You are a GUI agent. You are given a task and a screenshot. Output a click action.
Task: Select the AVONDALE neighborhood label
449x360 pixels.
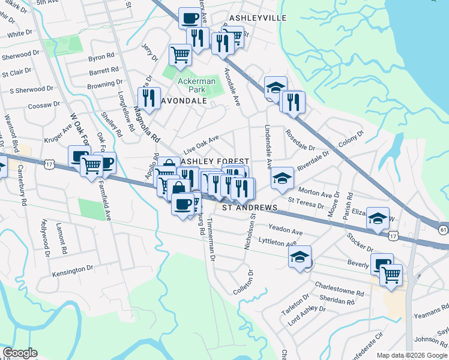pos(184,101)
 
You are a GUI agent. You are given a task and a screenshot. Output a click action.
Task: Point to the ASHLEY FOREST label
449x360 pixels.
pos(215,162)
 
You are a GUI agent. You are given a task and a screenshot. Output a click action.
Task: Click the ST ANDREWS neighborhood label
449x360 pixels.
pos(250,208)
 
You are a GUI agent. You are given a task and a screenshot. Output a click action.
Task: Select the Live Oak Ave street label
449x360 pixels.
pos(200,144)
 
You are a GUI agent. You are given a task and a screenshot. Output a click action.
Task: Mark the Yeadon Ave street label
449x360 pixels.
pos(286,230)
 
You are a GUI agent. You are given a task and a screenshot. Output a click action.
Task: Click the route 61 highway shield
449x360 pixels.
pos(443,229)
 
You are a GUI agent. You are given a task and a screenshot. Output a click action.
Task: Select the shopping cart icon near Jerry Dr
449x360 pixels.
pos(180,55)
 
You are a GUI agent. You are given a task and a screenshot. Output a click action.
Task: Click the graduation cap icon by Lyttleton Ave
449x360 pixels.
pos(300,257)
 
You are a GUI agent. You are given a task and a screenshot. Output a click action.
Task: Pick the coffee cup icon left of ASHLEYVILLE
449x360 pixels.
pos(190,18)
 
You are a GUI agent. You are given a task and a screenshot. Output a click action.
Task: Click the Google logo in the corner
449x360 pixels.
pos(19,353)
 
